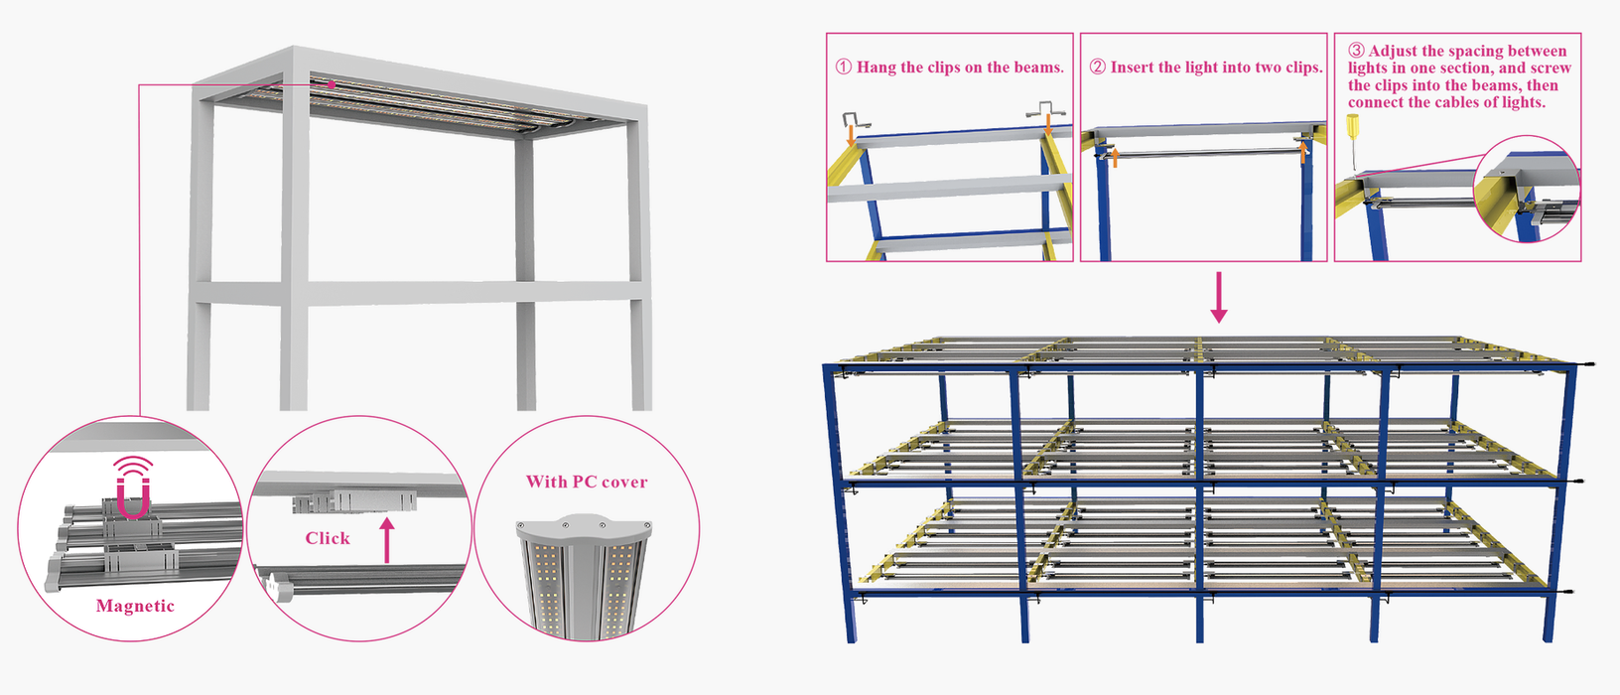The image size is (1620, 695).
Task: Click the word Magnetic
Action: [135, 606]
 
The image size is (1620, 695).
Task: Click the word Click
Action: [328, 538]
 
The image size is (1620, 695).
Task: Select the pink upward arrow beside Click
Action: [388, 539]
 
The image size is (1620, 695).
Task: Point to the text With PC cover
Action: [587, 482]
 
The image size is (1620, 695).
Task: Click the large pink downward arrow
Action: [1219, 297]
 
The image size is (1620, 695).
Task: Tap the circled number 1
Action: [844, 68]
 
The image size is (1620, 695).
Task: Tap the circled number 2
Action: [1097, 68]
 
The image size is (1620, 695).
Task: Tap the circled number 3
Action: [1356, 51]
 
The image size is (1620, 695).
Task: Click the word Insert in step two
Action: [1132, 68]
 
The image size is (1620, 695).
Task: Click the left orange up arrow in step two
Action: [1115, 157]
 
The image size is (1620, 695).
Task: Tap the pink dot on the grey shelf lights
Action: [332, 84]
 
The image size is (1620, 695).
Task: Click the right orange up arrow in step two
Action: [1303, 152]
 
